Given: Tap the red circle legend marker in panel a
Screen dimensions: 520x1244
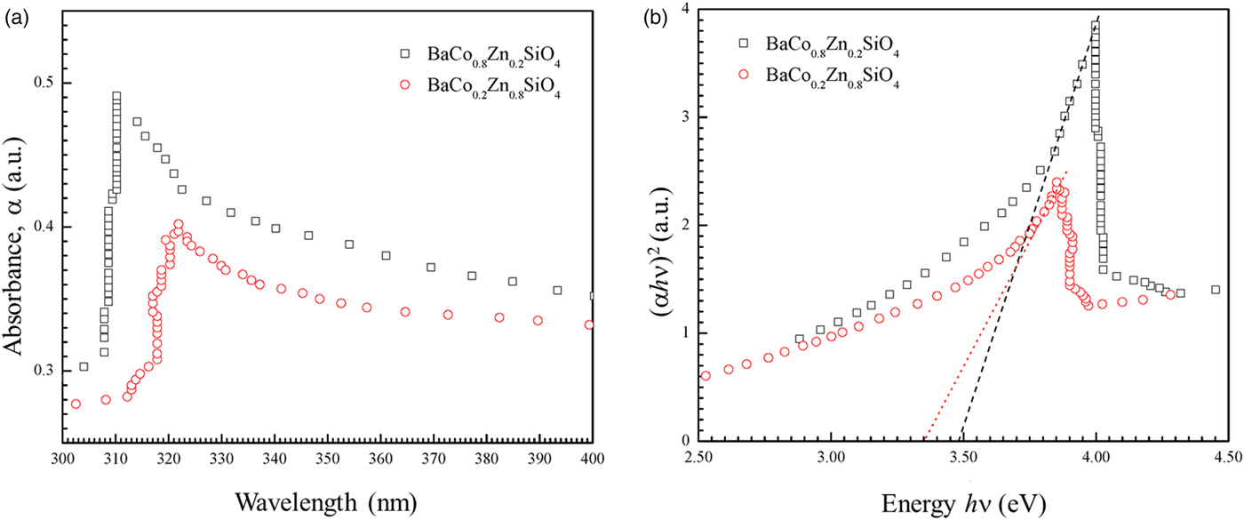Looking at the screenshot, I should pos(406,85).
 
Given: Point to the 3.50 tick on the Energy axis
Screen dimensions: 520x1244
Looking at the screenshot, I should pos(963,457).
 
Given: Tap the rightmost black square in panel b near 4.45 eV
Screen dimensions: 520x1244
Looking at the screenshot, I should pos(1216,290).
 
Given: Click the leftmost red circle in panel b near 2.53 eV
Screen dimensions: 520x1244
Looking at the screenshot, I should pos(706,375).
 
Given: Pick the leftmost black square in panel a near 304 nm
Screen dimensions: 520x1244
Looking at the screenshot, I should pos(84,366).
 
